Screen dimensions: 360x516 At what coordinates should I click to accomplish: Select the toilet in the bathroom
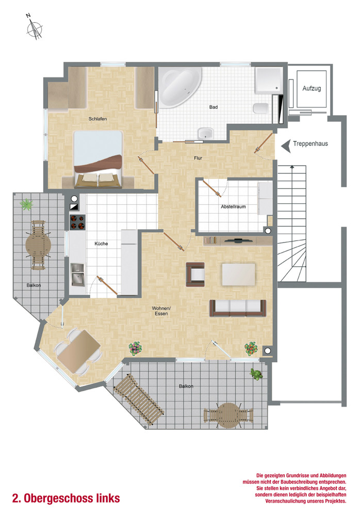point(261,108)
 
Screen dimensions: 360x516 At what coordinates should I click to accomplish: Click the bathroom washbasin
point(206,133)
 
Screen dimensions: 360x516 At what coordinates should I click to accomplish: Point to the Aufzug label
point(312,88)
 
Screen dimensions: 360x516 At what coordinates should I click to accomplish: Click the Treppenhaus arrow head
point(286,145)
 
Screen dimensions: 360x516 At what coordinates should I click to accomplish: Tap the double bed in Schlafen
point(98,159)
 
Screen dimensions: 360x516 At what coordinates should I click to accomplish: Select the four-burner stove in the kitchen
point(77,222)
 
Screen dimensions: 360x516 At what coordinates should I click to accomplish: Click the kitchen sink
point(78,275)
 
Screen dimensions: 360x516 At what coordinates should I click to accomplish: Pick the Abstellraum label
point(233,207)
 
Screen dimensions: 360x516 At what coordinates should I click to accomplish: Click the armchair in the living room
point(195,274)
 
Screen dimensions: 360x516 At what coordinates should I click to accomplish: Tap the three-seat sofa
point(238,308)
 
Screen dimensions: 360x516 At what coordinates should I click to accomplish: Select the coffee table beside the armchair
point(239,274)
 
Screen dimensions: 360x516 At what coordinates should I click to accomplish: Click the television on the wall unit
point(239,240)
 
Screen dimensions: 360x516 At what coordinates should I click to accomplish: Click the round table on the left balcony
point(38,245)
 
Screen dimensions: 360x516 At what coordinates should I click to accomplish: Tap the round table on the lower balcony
point(228,415)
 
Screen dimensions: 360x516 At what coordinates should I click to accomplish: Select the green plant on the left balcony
point(26,204)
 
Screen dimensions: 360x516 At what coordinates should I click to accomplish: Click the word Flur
point(198,158)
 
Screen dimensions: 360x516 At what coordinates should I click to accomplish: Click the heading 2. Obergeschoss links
point(66,498)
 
